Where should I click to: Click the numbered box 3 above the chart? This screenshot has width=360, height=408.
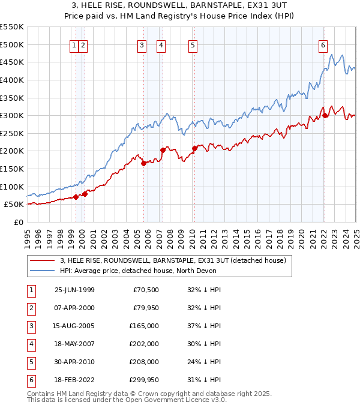pos(142,44)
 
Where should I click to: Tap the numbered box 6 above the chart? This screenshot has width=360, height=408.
pos(323,44)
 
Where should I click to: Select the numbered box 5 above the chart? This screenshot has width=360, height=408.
pos(193,44)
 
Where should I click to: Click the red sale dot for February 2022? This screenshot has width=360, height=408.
pos(325,115)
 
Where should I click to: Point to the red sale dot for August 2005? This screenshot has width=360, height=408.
pos(143,163)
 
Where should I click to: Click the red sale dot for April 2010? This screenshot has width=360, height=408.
pos(194,148)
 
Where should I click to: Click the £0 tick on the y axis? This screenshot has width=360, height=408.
pos(18,222)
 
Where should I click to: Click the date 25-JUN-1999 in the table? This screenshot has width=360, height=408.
pos(74,290)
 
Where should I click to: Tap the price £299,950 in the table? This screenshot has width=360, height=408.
pos(145,380)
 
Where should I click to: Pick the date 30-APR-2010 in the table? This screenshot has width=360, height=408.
pos(74,362)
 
